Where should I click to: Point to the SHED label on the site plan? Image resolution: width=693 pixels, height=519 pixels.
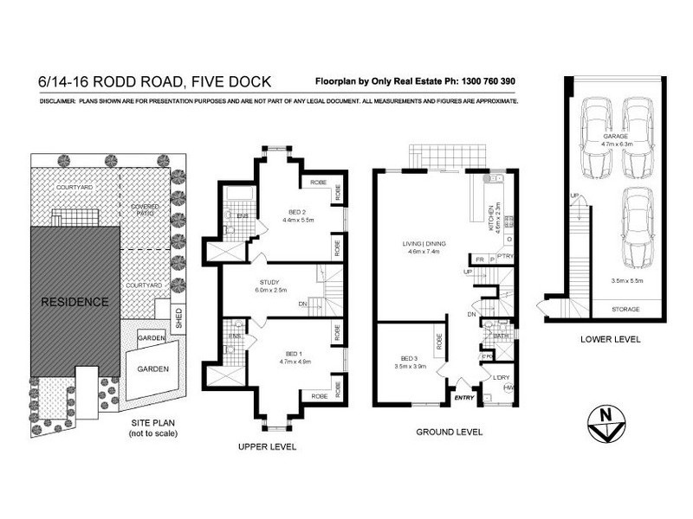pyautogui.click(x=179, y=314)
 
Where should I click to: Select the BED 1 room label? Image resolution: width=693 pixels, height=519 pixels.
pyautogui.click(x=300, y=357)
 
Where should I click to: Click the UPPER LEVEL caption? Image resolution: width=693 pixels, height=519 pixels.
pyautogui.click(x=267, y=447)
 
